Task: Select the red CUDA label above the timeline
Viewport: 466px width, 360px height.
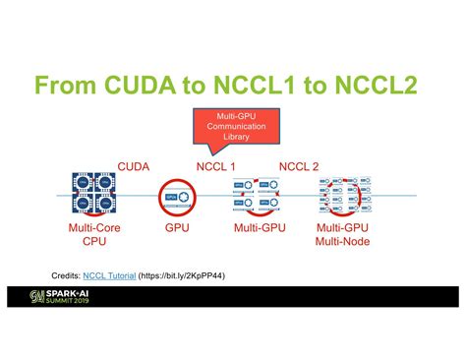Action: [134, 166]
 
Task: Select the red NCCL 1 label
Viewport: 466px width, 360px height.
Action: [216, 166]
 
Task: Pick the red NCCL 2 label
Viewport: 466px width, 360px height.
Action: [300, 166]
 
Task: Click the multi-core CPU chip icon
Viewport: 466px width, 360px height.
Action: [94, 196]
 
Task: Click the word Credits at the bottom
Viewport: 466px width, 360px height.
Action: [66, 276]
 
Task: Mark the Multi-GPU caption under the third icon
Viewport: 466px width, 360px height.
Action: [260, 228]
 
